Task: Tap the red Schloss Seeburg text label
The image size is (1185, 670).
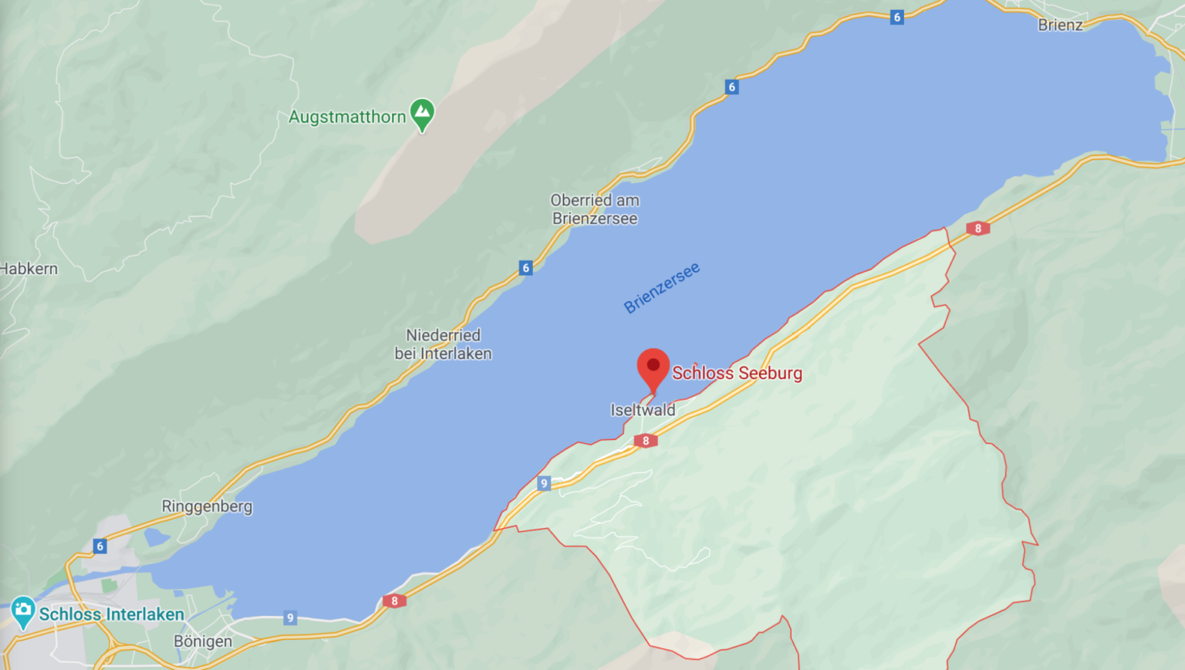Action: point(737,374)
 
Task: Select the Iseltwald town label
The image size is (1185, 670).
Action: point(643,410)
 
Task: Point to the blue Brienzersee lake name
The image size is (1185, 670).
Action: point(662,288)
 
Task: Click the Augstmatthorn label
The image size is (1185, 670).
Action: point(347,117)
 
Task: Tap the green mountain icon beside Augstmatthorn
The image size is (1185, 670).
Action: point(422,113)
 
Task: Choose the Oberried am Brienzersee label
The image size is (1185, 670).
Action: point(595,209)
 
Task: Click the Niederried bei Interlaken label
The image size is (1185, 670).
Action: point(443,344)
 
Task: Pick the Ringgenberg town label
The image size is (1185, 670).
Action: point(207,506)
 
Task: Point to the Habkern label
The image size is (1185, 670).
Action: point(29,269)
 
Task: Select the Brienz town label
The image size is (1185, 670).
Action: point(1060,25)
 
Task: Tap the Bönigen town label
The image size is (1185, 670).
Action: point(203,641)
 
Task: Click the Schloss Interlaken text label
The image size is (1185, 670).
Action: point(112,614)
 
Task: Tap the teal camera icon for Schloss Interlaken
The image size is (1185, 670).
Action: point(22,611)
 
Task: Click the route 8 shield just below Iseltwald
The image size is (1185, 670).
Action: point(646,441)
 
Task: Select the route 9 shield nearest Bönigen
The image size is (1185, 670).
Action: point(290,618)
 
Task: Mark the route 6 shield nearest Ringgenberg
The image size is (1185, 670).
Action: point(100,546)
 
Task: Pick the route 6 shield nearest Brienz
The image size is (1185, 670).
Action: point(896,17)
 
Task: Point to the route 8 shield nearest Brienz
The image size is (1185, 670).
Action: point(977,228)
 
